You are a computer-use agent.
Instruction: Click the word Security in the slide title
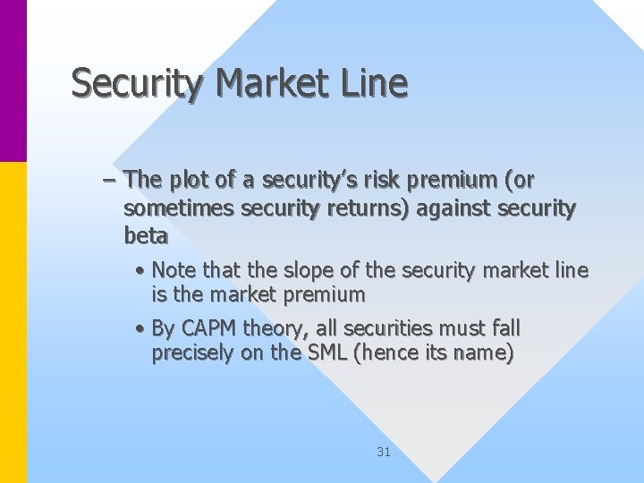pos(139,83)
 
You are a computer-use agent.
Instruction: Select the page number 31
pos(384,452)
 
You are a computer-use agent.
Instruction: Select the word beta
pos(146,236)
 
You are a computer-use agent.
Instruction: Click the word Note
pos(175,269)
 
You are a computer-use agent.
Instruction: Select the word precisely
pos(190,353)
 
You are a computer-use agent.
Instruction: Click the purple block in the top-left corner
pos(13,80)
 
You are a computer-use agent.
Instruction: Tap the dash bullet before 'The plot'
pos(109,180)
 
